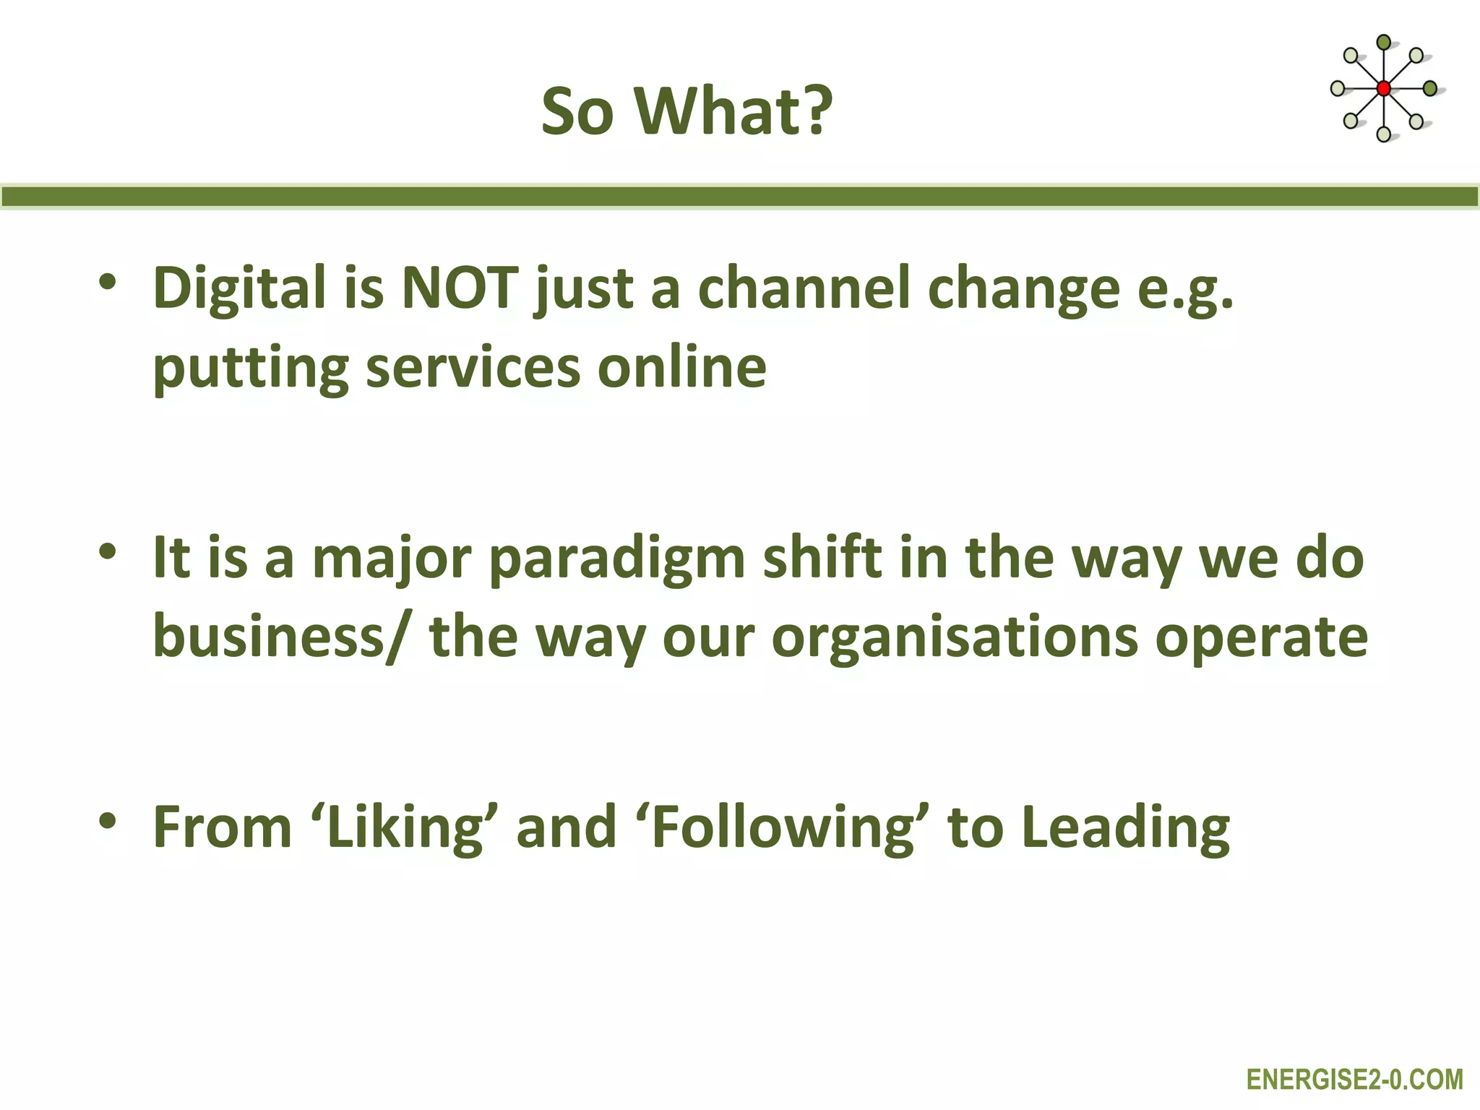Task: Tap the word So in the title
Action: point(577,112)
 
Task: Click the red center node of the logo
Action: point(1383,89)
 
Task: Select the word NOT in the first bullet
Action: point(460,288)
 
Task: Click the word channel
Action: point(803,288)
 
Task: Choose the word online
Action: point(681,367)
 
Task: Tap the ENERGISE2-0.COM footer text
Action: point(1355,1080)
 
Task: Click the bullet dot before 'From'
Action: point(108,821)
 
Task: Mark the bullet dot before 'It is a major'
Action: point(108,552)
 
